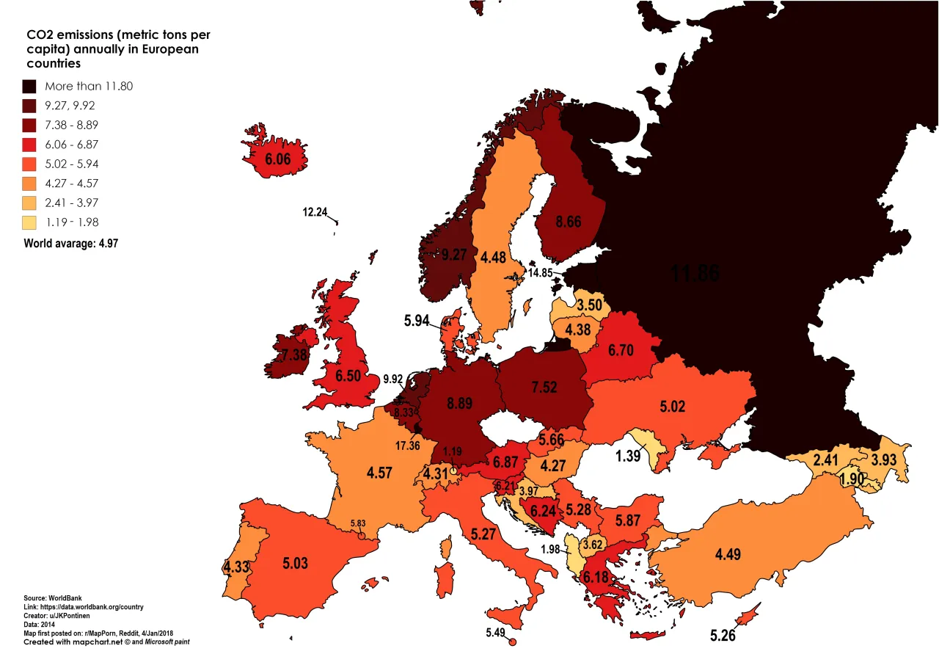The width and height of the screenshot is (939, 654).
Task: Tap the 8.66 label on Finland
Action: (x=569, y=220)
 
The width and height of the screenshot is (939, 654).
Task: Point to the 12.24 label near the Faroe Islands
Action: (x=315, y=212)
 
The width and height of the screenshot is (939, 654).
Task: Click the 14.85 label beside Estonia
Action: (x=540, y=272)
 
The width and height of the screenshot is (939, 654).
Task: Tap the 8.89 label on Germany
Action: (x=458, y=402)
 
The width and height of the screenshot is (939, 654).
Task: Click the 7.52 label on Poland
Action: (x=544, y=387)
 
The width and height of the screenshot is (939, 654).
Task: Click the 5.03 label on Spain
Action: (x=296, y=564)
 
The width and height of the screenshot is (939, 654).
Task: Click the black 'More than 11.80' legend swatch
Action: (x=30, y=86)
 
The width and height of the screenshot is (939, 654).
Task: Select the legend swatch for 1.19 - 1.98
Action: (x=30, y=222)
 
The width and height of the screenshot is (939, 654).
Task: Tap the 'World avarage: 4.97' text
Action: (x=70, y=244)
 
